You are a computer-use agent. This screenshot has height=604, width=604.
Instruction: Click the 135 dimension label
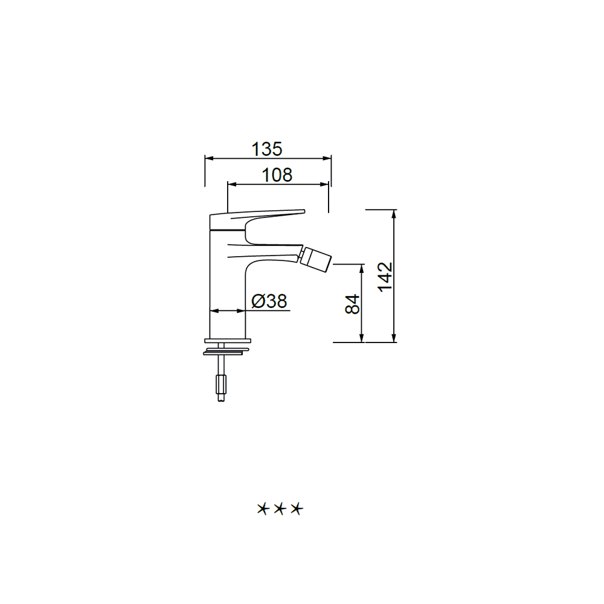click(267, 149)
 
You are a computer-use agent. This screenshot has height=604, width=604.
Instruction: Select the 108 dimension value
click(277, 175)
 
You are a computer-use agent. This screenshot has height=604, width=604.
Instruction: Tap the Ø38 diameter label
click(269, 301)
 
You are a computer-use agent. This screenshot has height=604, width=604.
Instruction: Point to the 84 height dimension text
click(352, 304)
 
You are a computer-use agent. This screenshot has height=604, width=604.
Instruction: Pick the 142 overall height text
click(385, 277)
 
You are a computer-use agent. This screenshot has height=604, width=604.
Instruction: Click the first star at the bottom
click(262, 509)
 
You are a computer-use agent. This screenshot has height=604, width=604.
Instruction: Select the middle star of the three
click(280, 509)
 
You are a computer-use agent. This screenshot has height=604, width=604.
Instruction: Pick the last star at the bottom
click(297, 509)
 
